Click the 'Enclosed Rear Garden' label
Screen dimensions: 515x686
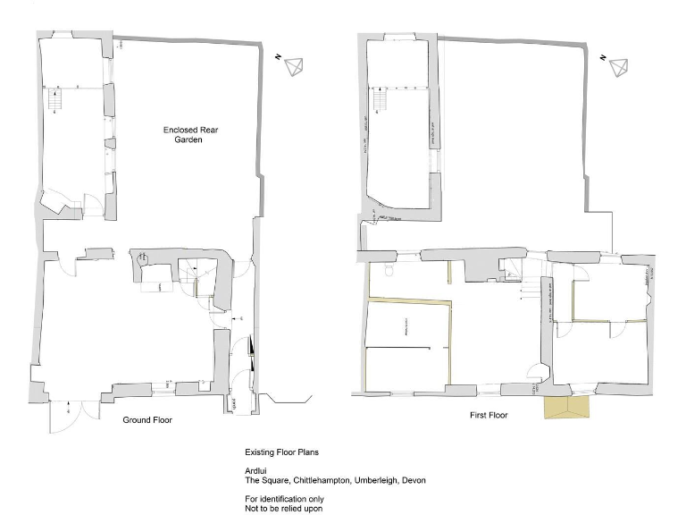[x=190, y=135]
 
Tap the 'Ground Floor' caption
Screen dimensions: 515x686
[x=146, y=419]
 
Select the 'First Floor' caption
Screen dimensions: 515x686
[x=489, y=416]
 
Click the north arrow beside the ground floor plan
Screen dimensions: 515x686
[x=294, y=65]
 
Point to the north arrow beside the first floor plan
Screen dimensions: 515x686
[x=615, y=65]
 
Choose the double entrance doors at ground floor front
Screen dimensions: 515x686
[x=67, y=412]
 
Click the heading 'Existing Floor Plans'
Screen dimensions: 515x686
[x=281, y=454]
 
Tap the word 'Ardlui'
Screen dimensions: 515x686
[x=255, y=472]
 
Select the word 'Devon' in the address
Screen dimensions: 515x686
[x=414, y=481]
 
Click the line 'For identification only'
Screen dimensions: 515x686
[x=285, y=499]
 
